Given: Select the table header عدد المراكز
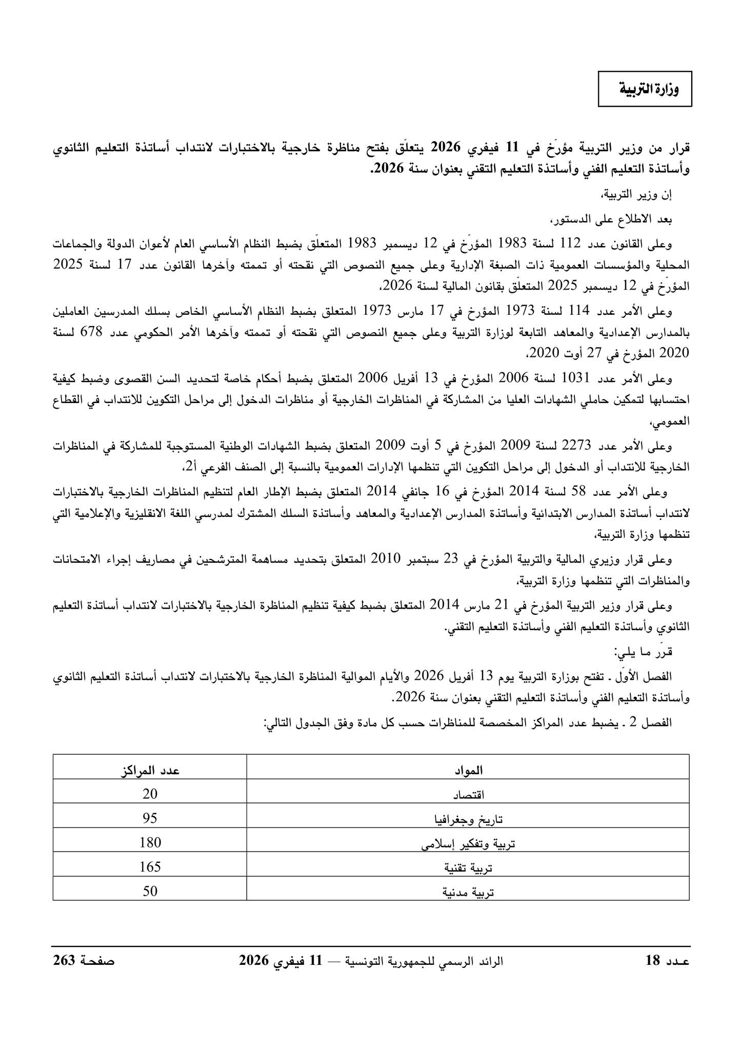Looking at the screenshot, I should pyautogui.click(x=150, y=770).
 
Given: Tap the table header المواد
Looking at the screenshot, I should pyautogui.click(x=468, y=770).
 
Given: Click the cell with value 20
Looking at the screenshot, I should pyautogui.click(x=150, y=794).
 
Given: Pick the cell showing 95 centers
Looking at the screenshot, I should pyautogui.click(x=150, y=819).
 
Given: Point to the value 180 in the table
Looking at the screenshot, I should pyautogui.click(x=150, y=843).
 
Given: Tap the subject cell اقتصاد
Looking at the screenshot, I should pyautogui.click(x=468, y=795).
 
